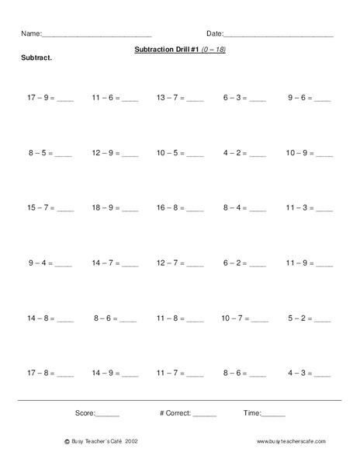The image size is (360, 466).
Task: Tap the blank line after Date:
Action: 279,35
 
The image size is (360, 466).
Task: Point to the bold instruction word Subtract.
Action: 36,60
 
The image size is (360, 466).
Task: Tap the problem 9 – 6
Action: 299,99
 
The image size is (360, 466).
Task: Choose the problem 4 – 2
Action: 234,154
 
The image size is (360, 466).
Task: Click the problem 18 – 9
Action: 105,208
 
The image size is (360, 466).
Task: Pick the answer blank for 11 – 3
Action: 324,210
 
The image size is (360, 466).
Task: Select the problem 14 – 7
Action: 105,264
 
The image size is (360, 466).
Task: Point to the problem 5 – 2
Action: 299,318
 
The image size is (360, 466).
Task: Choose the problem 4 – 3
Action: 299,374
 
